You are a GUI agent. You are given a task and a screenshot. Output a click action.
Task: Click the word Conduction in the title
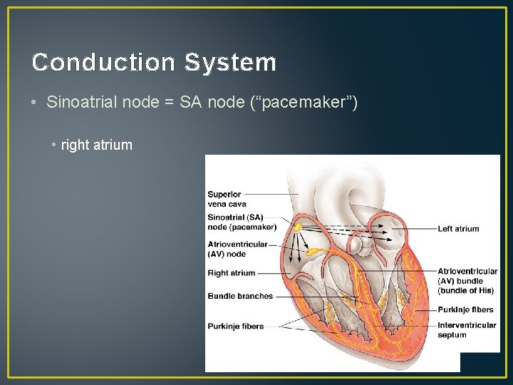click(x=103, y=63)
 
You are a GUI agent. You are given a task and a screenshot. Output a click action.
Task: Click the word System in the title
click(x=230, y=63)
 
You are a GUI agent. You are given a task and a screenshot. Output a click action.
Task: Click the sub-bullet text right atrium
click(x=97, y=145)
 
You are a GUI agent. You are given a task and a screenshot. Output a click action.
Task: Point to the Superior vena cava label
click(x=227, y=199)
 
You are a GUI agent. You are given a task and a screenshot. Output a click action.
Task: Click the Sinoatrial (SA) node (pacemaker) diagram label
click(x=242, y=222)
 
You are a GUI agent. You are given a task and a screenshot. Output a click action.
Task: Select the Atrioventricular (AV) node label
click(x=237, y=249)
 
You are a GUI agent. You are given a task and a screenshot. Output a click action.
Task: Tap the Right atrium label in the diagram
click(x=231, y=273)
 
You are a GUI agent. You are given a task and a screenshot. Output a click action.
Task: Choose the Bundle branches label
click(x=240, y=296)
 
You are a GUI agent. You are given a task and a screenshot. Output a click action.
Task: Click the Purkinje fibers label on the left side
click(x=236, y=327)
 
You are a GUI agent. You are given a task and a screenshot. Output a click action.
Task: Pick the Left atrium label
click(x=458, y=229)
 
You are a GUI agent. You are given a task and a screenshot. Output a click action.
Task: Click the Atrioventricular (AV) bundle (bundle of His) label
click(x=467, y=281)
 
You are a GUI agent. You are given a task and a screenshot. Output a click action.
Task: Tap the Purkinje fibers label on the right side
click(x=465, y=309)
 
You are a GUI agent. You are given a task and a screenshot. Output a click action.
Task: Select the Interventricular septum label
click(x=467, y=330)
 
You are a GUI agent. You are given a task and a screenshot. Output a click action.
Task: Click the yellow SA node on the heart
click(x=298, y=226)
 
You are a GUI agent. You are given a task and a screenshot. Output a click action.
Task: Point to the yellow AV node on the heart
click(x=311, y=252)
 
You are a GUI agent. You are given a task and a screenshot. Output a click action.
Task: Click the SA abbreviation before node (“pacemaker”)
click(x=191, y=103)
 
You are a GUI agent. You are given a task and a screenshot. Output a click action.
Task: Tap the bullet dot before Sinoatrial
click(x=34, y=103)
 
